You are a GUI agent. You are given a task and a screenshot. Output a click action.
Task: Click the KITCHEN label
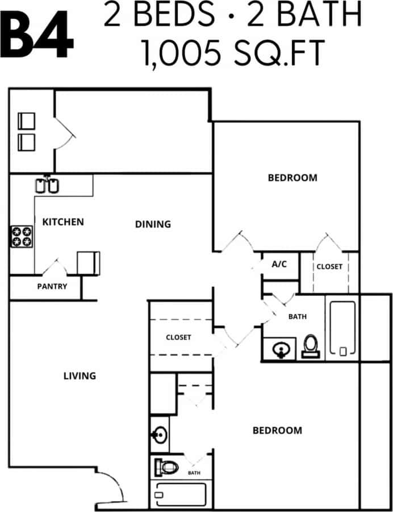pos(63,222)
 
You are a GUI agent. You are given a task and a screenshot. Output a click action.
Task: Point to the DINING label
pos(153,224)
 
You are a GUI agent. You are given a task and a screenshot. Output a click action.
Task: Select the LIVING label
pos(80,375)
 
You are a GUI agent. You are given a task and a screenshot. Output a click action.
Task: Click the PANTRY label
pos(52,286)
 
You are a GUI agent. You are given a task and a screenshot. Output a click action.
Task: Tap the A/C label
pos(279,264)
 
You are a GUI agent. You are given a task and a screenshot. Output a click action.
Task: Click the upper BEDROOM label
pos(292,178)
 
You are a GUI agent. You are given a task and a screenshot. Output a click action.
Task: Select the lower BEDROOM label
pos(277,431)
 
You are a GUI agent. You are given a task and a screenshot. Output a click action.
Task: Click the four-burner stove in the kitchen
pos(22,236)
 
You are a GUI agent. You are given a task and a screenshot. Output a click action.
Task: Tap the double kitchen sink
pos(47,185)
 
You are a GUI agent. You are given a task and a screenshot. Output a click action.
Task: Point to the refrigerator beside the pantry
pos(88,262)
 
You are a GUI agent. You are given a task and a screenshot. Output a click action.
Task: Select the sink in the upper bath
pos(282,349)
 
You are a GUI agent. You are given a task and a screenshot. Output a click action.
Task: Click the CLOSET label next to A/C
pos(329,266)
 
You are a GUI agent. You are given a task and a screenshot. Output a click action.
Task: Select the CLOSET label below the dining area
pos(178,337)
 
